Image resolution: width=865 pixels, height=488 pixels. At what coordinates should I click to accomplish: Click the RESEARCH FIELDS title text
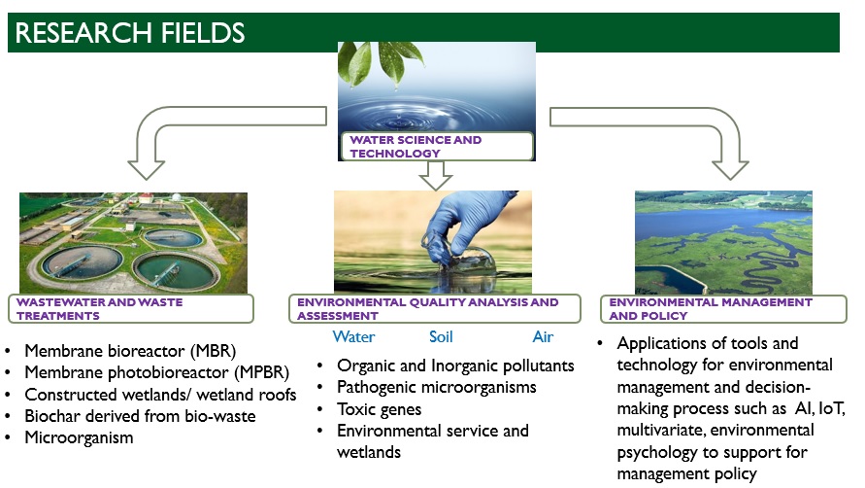[130, 33]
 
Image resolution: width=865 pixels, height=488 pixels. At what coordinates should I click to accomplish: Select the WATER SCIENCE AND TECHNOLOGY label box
[437, 147]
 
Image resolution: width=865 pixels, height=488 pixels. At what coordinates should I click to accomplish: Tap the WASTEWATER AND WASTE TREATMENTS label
[131, 309]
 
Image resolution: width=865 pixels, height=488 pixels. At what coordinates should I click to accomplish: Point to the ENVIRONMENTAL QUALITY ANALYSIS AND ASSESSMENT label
[435, 309]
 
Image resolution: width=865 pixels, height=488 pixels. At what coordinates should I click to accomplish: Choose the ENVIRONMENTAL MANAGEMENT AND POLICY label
[723, 309]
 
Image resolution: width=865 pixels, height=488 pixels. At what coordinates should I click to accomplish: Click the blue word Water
[353, 336]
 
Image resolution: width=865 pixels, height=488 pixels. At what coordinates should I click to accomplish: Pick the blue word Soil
[441, 336]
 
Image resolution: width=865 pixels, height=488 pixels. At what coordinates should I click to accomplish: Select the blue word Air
[543, 336]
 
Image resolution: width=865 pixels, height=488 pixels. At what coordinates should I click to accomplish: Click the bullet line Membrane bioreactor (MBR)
[130, 351]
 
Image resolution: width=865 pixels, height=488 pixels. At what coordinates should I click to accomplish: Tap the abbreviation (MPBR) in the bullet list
[261, 372]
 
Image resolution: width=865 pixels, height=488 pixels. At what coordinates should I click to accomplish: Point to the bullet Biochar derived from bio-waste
[140, 416]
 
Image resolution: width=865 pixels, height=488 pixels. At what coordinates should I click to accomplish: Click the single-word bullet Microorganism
[79, 437]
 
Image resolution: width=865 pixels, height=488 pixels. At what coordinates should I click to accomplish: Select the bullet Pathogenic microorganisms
[436, 388]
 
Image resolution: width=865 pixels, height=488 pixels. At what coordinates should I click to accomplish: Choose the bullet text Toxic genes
[379, 409]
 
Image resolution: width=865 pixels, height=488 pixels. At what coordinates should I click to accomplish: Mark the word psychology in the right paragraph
[657, 453]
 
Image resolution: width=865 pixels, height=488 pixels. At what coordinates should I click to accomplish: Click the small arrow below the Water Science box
[435, 175]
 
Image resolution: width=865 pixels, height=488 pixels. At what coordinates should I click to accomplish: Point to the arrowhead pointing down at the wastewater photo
[147, 170]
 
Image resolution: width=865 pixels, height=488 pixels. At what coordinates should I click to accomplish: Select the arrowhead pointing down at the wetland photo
[730, 170]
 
